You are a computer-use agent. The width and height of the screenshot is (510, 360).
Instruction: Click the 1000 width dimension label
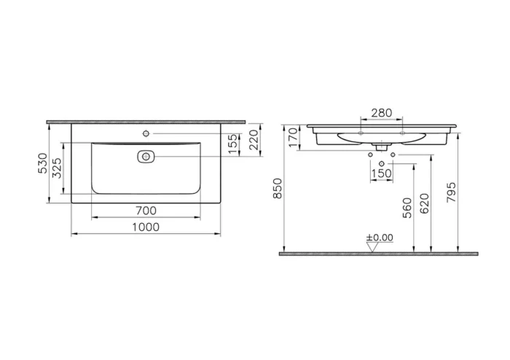[146, 227]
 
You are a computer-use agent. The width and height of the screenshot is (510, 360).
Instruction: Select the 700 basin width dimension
[146, 211]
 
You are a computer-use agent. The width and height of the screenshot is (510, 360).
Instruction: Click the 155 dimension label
[232, 145]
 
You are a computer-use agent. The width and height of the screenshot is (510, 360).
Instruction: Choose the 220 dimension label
[254, 139]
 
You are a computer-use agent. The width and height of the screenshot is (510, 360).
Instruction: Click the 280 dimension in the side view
[382, 113]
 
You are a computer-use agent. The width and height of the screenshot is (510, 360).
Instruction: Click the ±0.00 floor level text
[379, 238]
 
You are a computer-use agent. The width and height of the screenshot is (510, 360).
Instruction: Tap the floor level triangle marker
[373, 247]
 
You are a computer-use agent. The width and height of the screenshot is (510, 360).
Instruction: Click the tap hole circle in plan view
[146, 134]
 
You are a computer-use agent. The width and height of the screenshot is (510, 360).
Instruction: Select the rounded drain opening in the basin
[146, 156]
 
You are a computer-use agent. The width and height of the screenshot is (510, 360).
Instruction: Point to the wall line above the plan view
[146, 120]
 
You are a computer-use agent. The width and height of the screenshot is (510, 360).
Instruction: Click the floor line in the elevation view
[379, 254]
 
